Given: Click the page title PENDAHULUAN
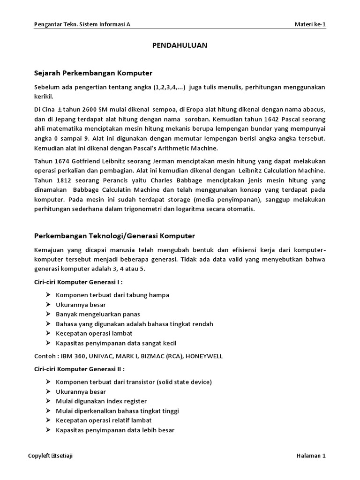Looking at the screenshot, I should [x=180, y=45].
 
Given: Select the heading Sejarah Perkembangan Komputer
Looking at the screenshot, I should [x=93, y=73].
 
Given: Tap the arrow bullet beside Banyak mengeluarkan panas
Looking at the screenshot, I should [x=49, y=314].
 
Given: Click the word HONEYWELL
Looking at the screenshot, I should [x=204, y=356].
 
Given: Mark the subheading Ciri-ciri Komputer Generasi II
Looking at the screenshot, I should [x=80, y=369].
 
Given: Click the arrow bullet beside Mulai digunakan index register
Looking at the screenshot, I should [x=49, y=401].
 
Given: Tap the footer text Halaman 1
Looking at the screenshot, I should [x=311, y=456].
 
